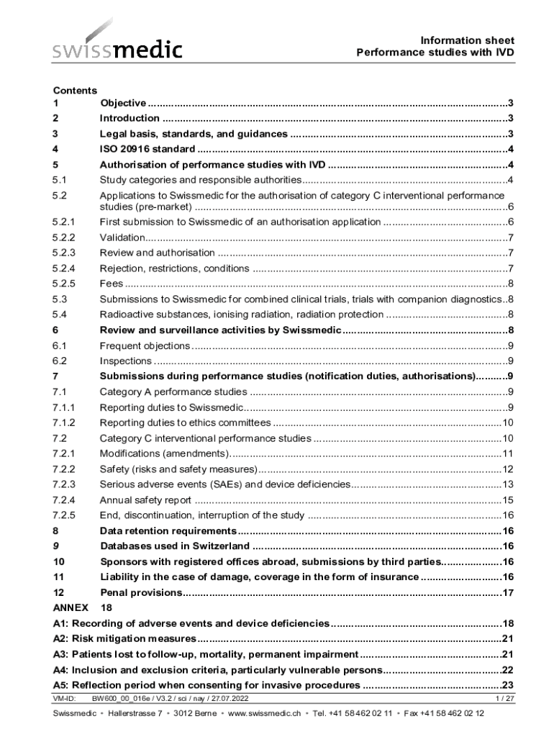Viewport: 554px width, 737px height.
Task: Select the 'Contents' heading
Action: (75, 90)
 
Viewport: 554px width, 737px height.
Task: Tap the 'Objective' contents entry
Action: (123, 103)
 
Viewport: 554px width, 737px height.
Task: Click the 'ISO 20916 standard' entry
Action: (147, 149)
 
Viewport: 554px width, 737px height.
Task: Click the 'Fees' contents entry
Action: (111, 283)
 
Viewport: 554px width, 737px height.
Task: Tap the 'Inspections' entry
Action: (125, 361)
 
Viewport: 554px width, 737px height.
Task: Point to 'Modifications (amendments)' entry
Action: (164, 453)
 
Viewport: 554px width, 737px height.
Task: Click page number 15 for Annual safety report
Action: (507, 499)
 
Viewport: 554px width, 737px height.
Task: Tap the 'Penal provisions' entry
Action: (141, 592)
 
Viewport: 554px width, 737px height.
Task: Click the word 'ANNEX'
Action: (71, 607)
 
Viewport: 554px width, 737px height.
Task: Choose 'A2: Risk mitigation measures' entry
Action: (124, 638)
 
